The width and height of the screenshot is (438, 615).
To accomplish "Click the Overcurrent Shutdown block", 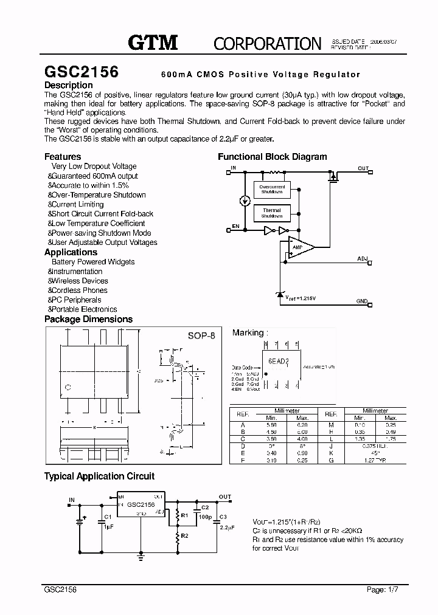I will pyautogui.click(x=272, y=189).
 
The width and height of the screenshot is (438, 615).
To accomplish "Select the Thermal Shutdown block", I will pyautogui.click(x=272, y=213).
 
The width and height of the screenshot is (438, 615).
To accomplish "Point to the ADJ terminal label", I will pyautogui.click(x=363, y=259).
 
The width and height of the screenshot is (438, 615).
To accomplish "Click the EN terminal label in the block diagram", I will pyautogui.click(x=235, y=226).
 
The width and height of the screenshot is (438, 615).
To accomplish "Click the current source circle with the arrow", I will pyautogui.click(x=244, y=201).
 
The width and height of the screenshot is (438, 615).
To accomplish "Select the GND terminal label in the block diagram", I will pyautogui.click(x=362, y=301).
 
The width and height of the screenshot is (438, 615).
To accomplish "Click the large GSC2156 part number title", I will pyautogui.click(x=81, y=71).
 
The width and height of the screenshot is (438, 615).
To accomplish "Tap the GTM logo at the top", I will pyautogui.click(x=152, y=42).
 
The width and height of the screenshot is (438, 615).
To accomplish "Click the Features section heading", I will pyautogui.click(x=63, y=156).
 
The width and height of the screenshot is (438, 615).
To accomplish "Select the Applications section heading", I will pyautogui.click(x=71, y=252).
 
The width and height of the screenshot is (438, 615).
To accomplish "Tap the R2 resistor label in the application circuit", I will pyautogui.click(x=184, y=535).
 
